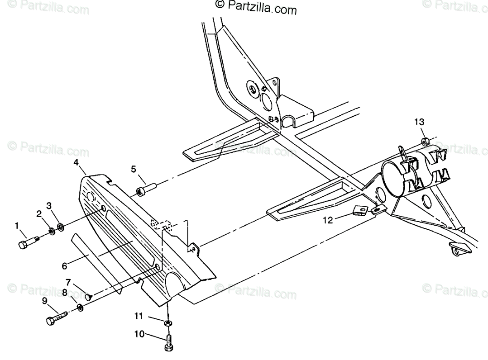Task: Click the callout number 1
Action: point(17,225)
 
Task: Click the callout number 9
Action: point(44,301)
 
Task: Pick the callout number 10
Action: point(139,334)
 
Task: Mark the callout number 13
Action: point(419,122)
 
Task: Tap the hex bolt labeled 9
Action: point(56,318)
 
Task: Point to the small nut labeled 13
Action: point(425,142)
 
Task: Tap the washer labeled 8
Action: point(80,308)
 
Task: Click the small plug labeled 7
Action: point(89,297)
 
